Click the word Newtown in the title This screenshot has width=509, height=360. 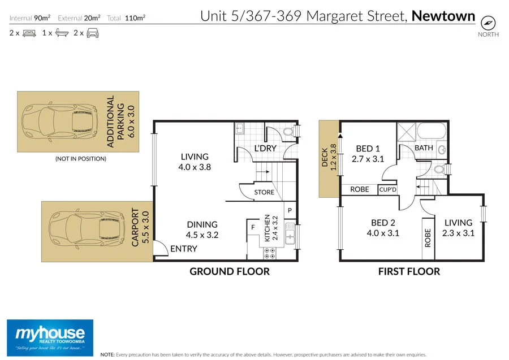click(443, 16)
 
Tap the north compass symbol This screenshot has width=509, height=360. click(487, 23)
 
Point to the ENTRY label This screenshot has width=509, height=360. click(184, 249)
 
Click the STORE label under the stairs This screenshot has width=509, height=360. click(264, 192)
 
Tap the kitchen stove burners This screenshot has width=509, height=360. click(270, 253)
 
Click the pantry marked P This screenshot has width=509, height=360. click(290, 210)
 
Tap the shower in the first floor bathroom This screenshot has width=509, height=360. click(406, 133)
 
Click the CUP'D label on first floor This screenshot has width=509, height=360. click(387, 189)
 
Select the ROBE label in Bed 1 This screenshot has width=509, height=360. click(360, 189)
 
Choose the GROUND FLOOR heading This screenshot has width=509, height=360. click(229, 271)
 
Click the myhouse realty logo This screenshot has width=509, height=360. click(50, 337)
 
